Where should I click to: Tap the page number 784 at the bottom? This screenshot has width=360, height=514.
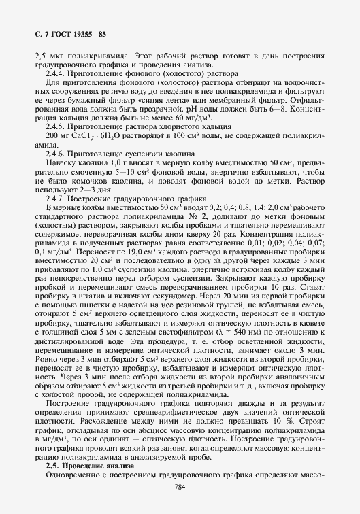[180, 486]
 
